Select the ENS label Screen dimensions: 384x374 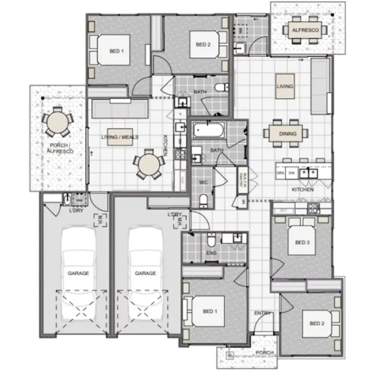[x=211, y=253]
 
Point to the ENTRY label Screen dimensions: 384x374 [x=262, y=313]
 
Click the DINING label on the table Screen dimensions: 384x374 [x=287, y=134]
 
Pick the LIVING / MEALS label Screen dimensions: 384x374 [x=120, y=137]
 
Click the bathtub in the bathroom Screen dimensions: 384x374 [x=208, y=130]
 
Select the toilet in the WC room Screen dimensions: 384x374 [x=204, y=200]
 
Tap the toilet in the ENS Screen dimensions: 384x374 [x=212, y=240]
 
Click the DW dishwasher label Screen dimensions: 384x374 [x=291, y=172]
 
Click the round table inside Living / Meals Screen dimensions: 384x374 [x=148, y=164]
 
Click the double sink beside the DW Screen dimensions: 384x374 [x=308, y=172]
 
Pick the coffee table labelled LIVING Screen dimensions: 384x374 [x=285, y=86]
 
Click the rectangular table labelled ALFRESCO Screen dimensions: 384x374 [x=305, y=30]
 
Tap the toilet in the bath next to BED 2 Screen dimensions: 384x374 [x=222, y=87]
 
